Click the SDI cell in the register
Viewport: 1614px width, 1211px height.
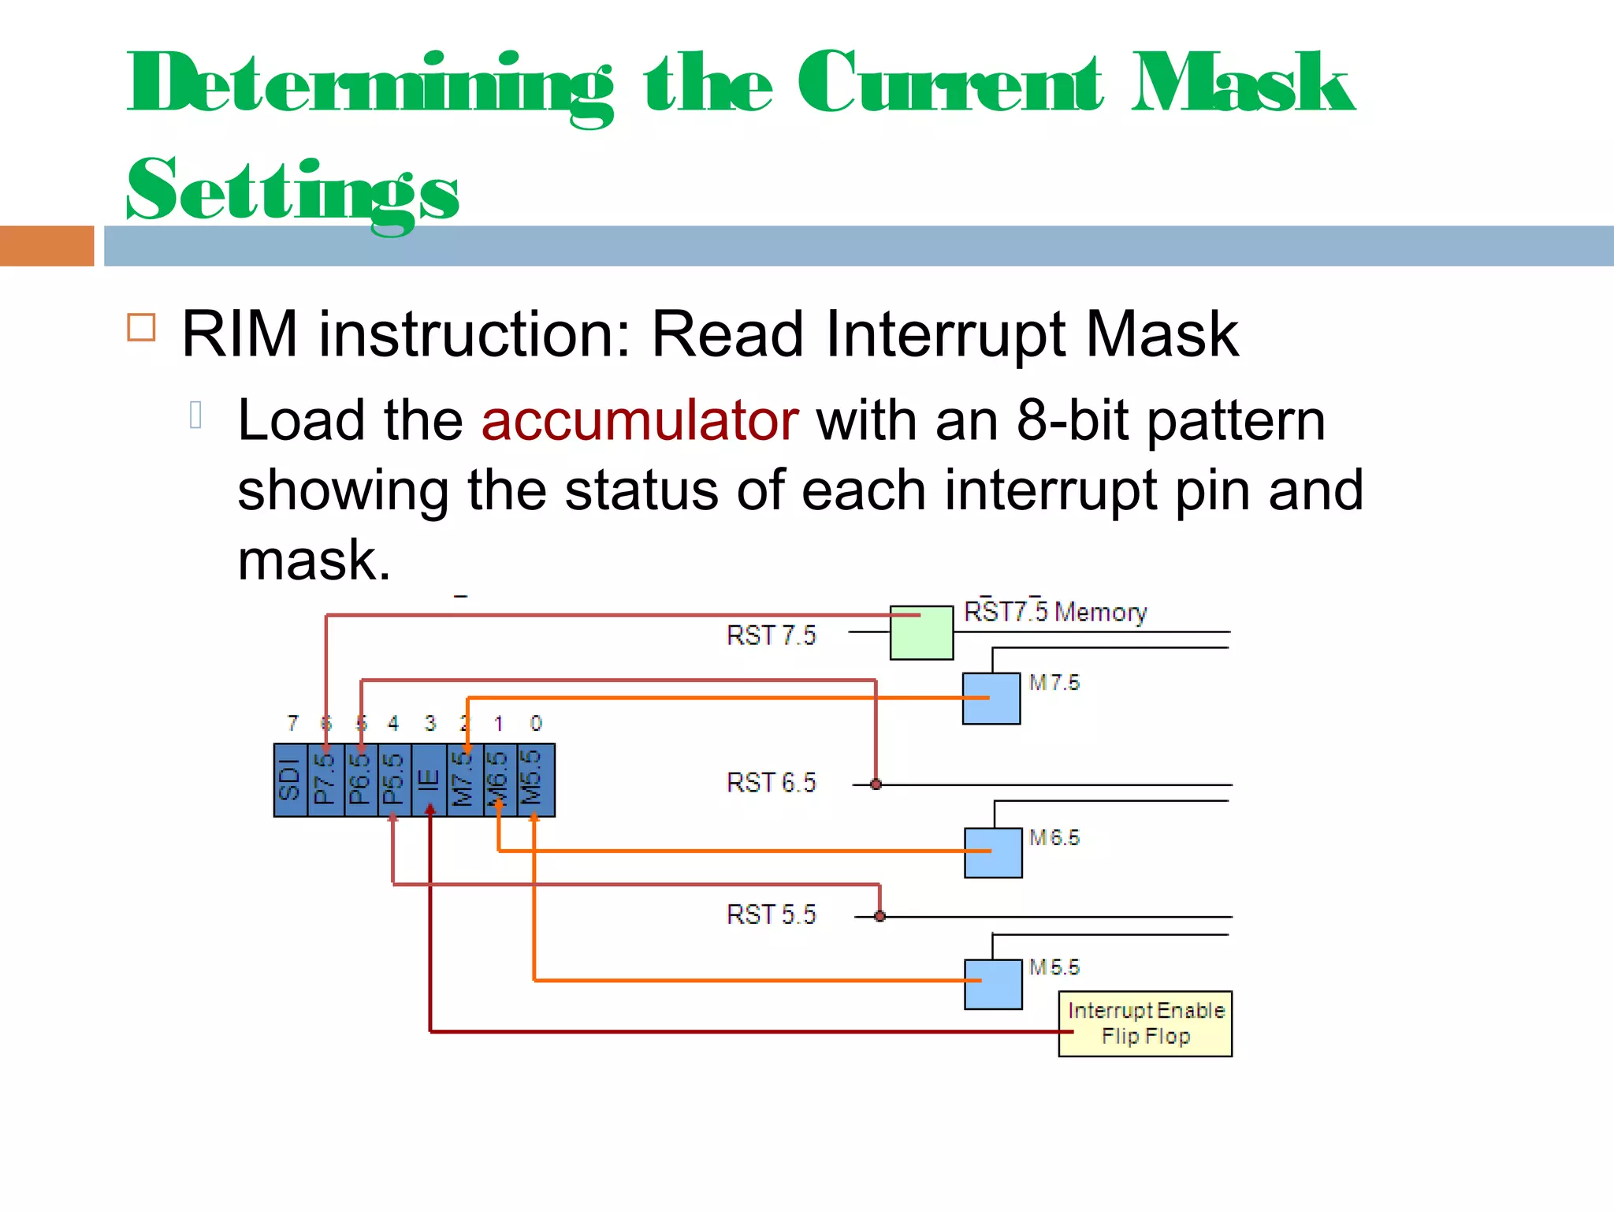[x=290, y=780]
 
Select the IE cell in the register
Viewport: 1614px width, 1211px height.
[x=428, y=780]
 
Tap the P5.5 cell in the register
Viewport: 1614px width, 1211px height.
[x=394, y=780]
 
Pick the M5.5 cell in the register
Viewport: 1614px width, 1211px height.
[x=536, y=780]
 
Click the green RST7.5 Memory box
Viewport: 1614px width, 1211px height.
[x=921, y=632]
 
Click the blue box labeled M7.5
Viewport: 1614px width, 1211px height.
[x=991, y=699]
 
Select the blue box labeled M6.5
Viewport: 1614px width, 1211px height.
[x=993, y=852]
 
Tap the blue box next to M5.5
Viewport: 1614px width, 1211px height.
[x=993, y=984]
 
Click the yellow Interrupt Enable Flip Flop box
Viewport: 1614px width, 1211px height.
[x=1145, y=1023]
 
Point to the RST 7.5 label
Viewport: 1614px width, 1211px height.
[x=771, y=635]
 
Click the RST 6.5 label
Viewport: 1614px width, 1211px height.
[x=771, y=783]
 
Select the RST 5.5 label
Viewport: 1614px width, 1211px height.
[x=771, y=915]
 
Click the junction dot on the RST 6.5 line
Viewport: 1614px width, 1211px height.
[x=876, y=784]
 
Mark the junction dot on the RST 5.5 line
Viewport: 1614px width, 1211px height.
[x=880, y=916]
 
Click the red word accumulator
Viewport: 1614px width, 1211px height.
[x=640, y=420]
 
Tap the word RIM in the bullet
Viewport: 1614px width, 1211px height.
[x=240, y=334]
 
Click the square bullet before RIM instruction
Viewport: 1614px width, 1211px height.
[x=141, y=327]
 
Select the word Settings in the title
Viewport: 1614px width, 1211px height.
[x=292, y=192]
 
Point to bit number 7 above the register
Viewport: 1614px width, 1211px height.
[x=293, y=723]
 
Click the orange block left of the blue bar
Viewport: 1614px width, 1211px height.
[x=46, y=246]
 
